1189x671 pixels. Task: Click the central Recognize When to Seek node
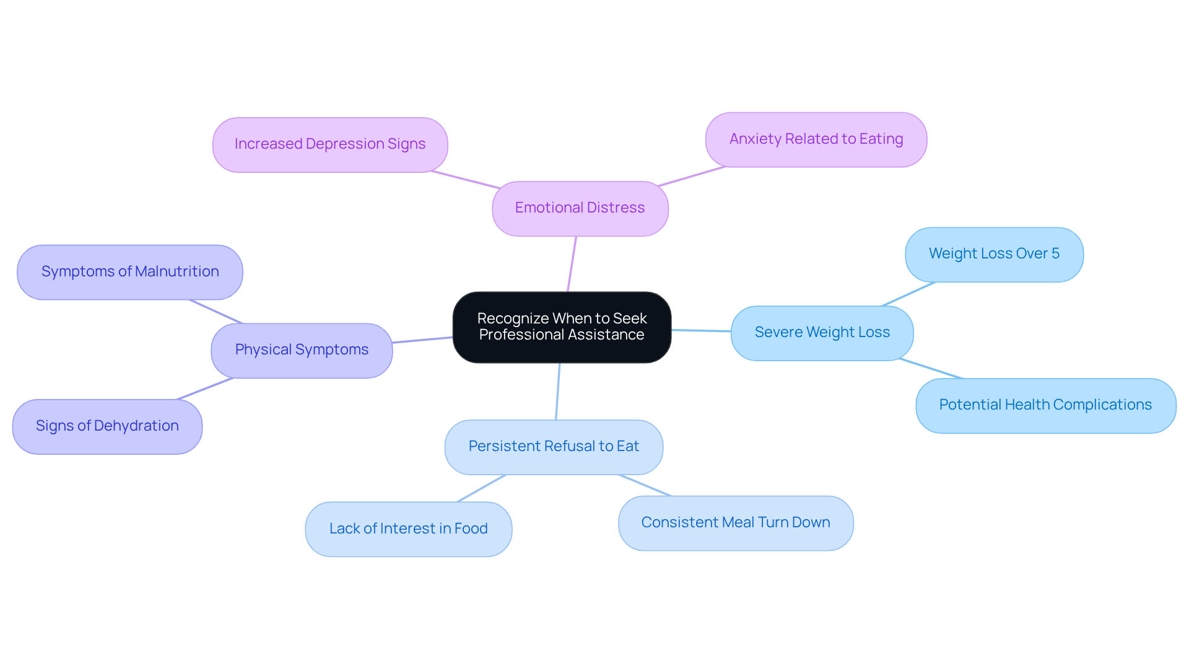click(562, 327)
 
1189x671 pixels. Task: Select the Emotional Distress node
click(580, 208)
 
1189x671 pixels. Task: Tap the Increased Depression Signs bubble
click(330, 144)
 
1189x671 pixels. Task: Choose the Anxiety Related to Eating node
click(816, 139)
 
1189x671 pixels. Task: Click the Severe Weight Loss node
click(822, 333)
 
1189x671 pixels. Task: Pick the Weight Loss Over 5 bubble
click(993, 254)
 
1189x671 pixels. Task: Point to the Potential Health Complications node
click(1045, 405)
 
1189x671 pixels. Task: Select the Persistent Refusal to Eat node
click(554, 447)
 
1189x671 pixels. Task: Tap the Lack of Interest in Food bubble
click(408, 529)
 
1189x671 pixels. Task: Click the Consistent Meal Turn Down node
click(735, 523)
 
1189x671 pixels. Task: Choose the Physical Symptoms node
click(302, 350)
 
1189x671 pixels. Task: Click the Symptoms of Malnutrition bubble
click(130, 272)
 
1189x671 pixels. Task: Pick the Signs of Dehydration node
click(107, 426)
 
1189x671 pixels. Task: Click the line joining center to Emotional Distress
click(572, 264)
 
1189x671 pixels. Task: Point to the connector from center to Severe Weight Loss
click(701, 331)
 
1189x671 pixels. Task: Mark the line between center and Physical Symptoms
click(422, 340)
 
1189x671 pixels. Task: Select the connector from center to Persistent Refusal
click(558, 392)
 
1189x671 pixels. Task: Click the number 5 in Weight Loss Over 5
click(1055, 253)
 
